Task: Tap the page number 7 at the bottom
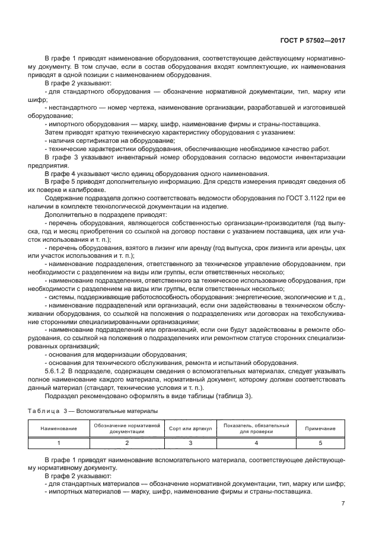tap(343, 504)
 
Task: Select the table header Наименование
tap(59, 428)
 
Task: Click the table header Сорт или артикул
tap(191, 428)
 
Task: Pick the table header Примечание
tap(320, 428)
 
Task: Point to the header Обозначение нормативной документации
tap(127, 428)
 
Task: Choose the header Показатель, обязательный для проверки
tap(256, 428)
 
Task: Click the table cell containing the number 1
tap(59, 442)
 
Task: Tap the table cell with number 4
tap(256, 442)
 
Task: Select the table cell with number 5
tap(320, 442)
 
